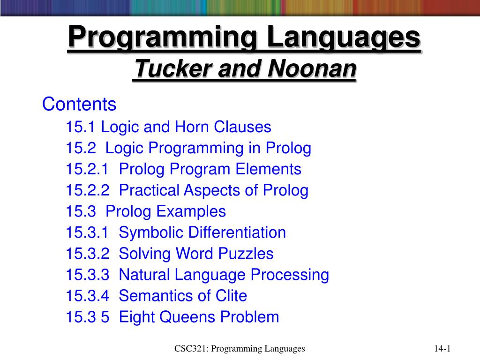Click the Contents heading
(x=79, y=104)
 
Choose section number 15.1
(x=81, y=127)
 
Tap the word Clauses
(x=242, y=127)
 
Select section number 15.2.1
(x=87, y=169)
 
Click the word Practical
(x=149, y=190)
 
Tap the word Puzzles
(x=246, y=254)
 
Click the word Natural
(x=144, y=275)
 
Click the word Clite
(x=231, y=296)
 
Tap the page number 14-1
(x=442, y=349)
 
